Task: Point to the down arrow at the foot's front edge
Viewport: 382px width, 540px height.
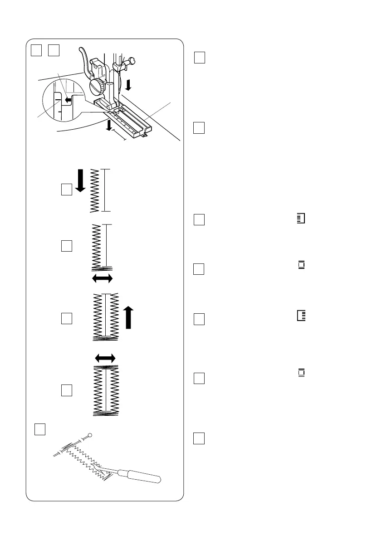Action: pyautogui.click(x=108, y=125)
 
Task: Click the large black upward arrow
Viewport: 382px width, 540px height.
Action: pyautogui.click(x=130, y=316)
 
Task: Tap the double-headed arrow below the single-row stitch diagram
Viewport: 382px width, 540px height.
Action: pyautogui.click(x=102, y=278)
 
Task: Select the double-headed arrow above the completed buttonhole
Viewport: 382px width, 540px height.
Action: pyautogui.click(x=106, y=358)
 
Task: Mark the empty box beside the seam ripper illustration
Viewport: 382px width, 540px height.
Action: pyautogui.click(x=40, y=428)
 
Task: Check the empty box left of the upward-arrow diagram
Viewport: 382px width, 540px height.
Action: pyautogui.click(x=67, y=318)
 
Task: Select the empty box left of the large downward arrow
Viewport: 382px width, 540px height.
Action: pyautogui.click(x=67, y=189)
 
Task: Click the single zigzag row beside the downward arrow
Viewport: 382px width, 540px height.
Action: pyautogui.click(x=94, y=190)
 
